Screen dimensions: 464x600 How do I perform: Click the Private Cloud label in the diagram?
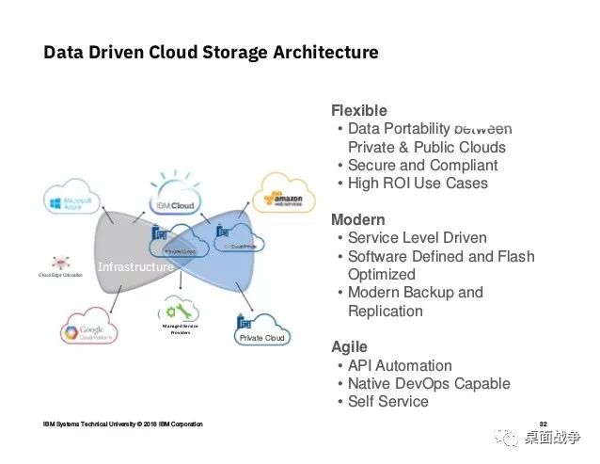(x=261, y=337)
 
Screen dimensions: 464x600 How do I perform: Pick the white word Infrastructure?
(x=134, y=267)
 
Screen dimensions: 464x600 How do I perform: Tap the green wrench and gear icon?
(x=179, y=310)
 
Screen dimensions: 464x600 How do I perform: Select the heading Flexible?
(x=358, y=111)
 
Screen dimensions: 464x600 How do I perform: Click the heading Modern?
(x=357, y=220)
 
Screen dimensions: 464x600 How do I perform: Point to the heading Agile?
(x=349, y=347)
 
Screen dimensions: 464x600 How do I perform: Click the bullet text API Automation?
(x=400, y=365)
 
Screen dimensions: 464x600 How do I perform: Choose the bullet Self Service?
(x=387, y=402)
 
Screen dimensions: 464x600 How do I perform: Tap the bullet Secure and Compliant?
(x=422, y=166)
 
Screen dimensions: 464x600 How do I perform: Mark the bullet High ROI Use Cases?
(x=418, y=184)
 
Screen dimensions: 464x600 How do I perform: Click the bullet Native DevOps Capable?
(x=429, y=384)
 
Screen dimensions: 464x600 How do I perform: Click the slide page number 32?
(x=543, y=423)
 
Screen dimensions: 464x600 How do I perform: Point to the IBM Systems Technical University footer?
(x=122, y=424)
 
